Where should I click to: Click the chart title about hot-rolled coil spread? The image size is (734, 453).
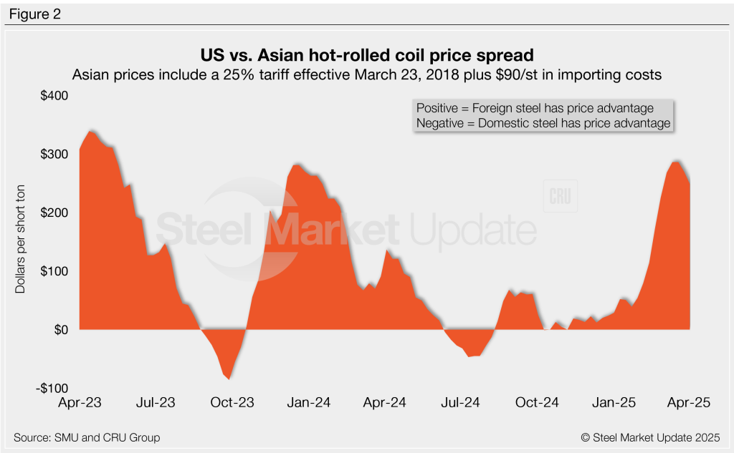(x=366, y=55)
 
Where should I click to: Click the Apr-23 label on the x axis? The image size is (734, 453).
(x=80, y=403)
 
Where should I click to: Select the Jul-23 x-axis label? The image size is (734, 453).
(x=156, y=403)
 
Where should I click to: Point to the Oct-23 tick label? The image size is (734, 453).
(x=232, y=403)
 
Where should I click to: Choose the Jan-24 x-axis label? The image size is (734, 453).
(x=309, y=403)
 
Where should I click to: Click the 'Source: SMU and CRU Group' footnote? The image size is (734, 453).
(x=87, y=437)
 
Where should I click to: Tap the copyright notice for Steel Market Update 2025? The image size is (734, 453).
(x=647, y=437)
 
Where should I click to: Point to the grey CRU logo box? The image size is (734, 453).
(x=561, y=195)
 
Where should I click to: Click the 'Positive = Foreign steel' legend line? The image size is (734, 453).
(x=535, y=108)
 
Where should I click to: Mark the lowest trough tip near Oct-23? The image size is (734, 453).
(x=229, y=379)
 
